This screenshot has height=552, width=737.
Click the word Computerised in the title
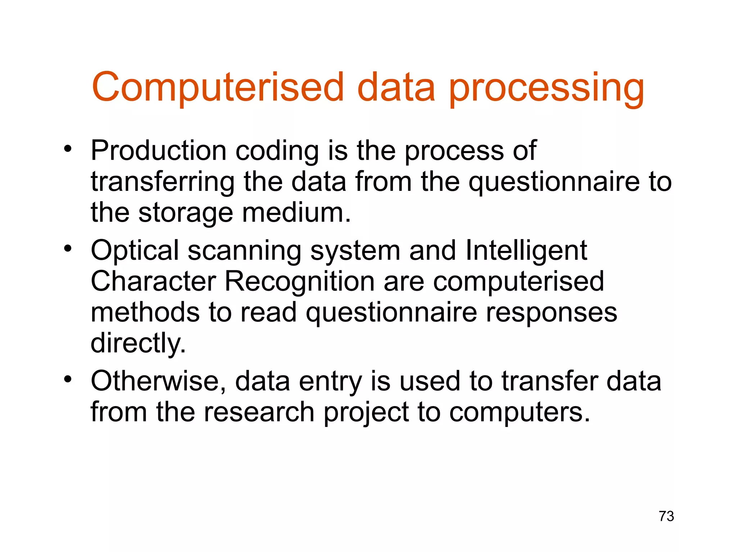point(218,87)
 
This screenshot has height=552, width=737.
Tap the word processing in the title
point(546,88)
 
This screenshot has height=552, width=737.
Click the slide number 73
point(666,516)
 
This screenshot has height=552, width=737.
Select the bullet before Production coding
point(68,148)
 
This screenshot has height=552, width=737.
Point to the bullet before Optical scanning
point(68,248)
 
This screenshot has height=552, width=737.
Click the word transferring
point(162,182)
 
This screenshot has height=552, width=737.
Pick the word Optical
point(135,250)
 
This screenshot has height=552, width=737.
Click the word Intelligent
point(526,250)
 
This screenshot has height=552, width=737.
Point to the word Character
point(153,281)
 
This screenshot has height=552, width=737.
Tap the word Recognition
point(299,281)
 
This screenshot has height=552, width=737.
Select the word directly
point(138,343)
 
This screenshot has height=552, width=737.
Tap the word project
point(366,413)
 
